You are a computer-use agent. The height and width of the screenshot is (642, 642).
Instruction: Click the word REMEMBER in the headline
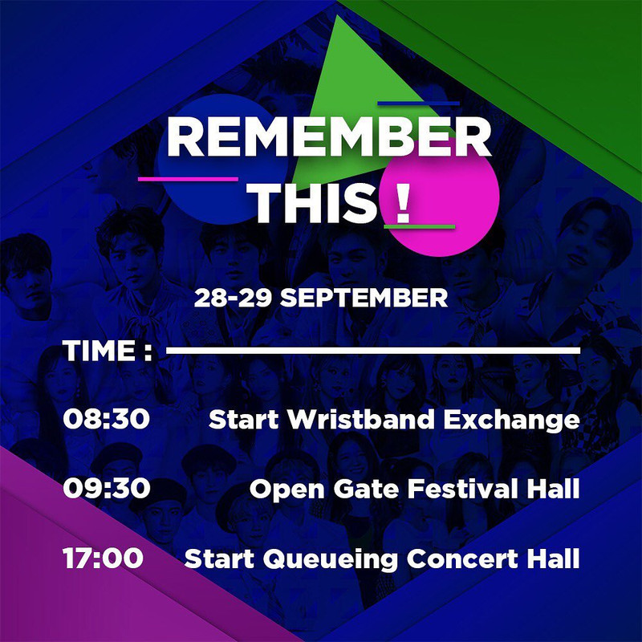(x=328, y=139)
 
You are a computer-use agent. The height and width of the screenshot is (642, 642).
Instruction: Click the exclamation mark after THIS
(x=403, y=203)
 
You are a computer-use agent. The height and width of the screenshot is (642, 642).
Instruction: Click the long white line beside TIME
(x=372, y=351)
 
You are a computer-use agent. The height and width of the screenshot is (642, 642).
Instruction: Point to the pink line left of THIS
(x=188, y=179)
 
